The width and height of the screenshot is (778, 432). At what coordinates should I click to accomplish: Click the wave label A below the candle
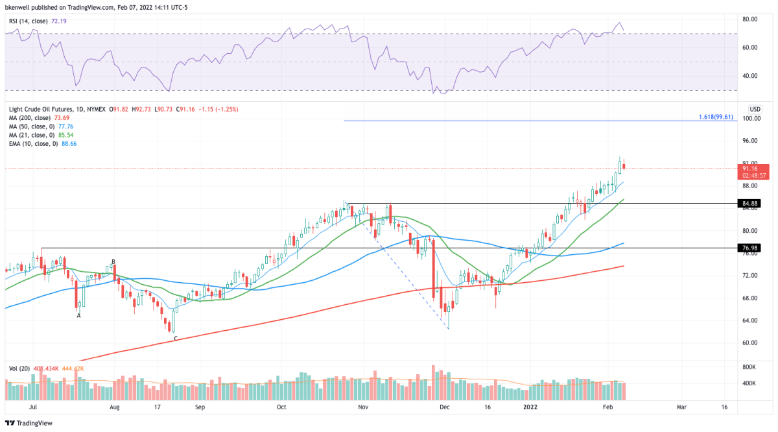[78, 315]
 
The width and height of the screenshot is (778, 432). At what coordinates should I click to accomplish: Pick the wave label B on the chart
[113, 262]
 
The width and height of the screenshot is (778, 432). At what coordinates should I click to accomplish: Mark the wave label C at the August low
[174, 339]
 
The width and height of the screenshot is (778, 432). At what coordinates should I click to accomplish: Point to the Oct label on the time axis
[281, 407]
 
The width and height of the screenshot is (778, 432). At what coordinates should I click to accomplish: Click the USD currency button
[755, 108]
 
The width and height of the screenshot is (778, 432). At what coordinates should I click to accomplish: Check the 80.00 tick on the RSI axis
[751, 19]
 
